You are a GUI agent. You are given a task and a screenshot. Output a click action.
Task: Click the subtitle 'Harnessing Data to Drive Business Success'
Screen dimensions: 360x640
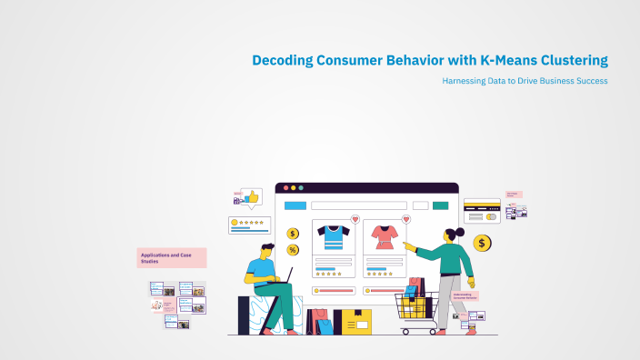(525, 81)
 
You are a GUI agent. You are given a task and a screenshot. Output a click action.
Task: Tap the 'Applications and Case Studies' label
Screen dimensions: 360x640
(172, 257)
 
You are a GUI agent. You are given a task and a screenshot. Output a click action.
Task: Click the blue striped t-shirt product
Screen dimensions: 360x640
(333, 237)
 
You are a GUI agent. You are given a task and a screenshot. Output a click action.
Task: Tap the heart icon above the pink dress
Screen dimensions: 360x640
(405, 219)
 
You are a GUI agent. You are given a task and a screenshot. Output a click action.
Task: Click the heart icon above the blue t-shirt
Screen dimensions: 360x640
(355, 219)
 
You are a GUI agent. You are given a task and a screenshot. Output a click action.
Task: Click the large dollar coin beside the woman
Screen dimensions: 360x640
(482, 243)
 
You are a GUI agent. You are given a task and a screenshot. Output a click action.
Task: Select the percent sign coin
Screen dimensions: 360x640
(293, 250)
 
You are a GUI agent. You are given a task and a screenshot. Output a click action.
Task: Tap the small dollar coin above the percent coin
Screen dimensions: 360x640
(293, 234)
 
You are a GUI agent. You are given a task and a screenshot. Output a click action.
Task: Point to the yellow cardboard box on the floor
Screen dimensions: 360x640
(353, 321)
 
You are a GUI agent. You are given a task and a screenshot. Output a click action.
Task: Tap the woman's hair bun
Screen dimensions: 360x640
(461, 232)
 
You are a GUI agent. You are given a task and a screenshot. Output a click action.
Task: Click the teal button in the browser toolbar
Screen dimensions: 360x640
(440, 205)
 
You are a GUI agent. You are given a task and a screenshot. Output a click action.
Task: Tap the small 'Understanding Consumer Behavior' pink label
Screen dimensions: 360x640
(465, 295)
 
